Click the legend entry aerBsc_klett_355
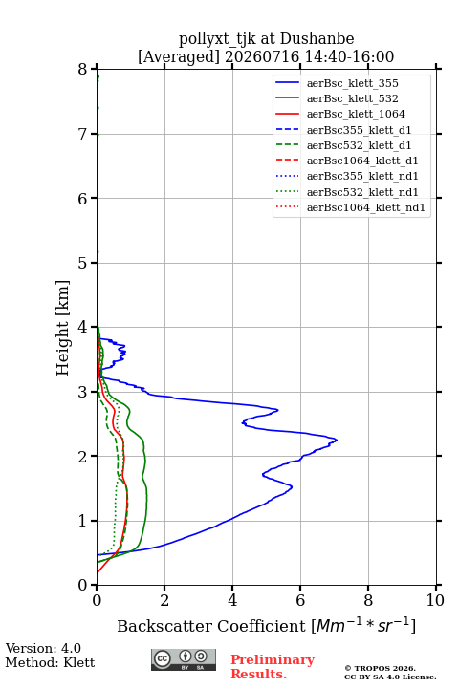click(x=352, y=83)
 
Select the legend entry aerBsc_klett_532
click(x=352, y=98)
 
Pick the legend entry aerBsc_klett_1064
click(x=356, y=114)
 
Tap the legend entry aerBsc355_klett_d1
click(x=359, y=130)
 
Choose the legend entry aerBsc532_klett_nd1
click(x=362, y=192)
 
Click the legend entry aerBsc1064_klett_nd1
click(x=366, y=207)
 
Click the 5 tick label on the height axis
click(x=83, y=264)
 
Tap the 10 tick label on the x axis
click(x=435, y=600)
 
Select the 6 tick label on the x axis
click(x=300, y=600)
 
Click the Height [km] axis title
click(x=62, y=328)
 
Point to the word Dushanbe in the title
click(x=317, y=39)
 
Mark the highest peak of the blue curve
click(x=337, y=440)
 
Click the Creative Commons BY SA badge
click(x=184, y=659)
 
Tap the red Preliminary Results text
click(x=273, y=667)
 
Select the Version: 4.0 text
click(x=43, y=648)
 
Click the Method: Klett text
click(x=50, y=662)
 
